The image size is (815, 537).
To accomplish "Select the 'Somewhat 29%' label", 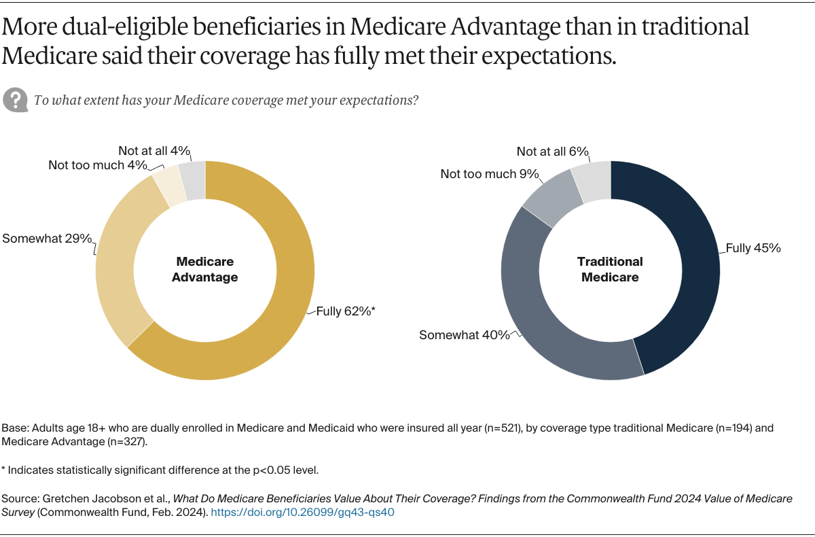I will pos(46,239).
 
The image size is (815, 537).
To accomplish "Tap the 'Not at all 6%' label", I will pos(552,152).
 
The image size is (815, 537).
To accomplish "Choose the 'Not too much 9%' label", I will pos(489,174).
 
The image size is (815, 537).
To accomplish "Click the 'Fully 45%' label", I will pos(753,248).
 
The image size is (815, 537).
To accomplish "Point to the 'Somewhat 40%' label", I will pos(464,335).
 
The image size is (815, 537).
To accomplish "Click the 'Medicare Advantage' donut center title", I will pos(205,269).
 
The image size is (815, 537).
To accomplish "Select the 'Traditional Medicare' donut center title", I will pos(610,269).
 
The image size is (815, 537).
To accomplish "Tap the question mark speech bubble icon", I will pos(14,99).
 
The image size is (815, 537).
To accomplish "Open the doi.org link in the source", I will pos(302,513).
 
